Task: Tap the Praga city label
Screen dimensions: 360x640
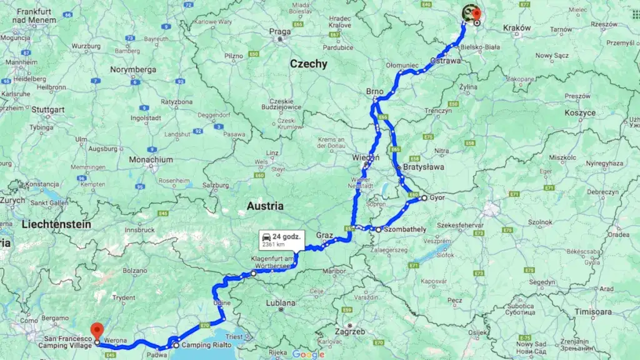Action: [x=281, y=32]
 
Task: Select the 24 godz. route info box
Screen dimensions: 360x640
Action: [x=281, y=240]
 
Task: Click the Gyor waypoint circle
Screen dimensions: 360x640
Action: [x=424, y=198]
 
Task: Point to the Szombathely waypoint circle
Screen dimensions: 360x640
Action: [x=378, y=229]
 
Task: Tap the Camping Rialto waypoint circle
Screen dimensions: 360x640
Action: [x=176, y=345]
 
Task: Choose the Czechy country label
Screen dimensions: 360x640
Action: [x=308, y=64]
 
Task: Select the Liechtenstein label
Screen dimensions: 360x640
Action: [x=56, y=224]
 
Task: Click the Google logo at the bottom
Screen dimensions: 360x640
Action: [x=308, y=354]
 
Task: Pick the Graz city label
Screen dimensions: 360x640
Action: [x=324, y=235]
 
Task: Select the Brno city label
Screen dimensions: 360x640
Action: [x=375, y=92]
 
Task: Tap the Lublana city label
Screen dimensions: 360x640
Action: [x=280, y=303]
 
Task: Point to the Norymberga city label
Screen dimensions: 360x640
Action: [x=133, y=69]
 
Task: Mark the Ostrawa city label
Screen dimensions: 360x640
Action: [x=446, y=61]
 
